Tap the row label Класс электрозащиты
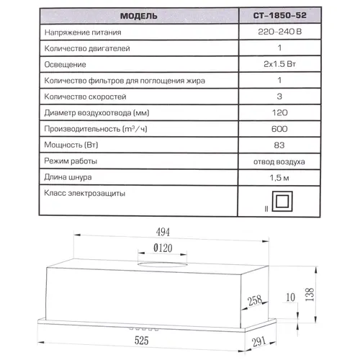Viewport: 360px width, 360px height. [x=86, y=194]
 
